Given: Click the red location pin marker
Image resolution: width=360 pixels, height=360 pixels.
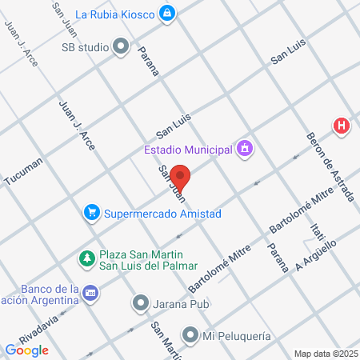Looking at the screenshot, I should [181, 177].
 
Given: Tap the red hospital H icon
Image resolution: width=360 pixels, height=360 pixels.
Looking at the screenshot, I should [342, 126].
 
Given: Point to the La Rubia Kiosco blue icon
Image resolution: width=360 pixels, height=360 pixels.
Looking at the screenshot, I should [166, 13].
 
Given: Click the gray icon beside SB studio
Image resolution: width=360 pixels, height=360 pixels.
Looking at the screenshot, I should [121, 47].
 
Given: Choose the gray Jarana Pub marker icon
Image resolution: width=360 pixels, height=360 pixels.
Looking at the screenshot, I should [141, 303].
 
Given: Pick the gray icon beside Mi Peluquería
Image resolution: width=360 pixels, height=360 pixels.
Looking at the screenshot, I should [190, 334].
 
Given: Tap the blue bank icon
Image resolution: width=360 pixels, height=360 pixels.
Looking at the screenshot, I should [90, 294].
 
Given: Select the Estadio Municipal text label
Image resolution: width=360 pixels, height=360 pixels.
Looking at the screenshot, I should [188, 149].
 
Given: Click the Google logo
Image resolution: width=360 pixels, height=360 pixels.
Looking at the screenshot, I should [27, 350].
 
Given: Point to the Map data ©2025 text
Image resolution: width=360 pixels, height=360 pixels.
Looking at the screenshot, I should [325, 354].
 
